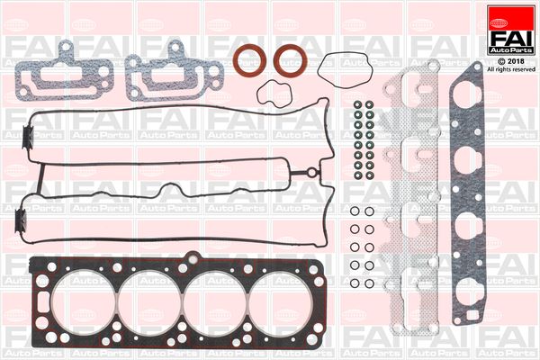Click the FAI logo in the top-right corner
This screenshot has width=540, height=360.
tap(511, 30)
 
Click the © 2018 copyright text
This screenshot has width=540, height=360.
tap(511, 61)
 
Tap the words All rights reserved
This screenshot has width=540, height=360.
tap(511, 69)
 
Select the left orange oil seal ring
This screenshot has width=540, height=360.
tap(249, 60)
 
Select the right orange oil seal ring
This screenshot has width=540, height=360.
tap(291, 60)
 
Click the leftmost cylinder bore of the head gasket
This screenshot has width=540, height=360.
tap(84, 302)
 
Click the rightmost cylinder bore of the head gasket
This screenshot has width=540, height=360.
tap(280, 302)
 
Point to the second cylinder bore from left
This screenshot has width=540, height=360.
tap(149, 302)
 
